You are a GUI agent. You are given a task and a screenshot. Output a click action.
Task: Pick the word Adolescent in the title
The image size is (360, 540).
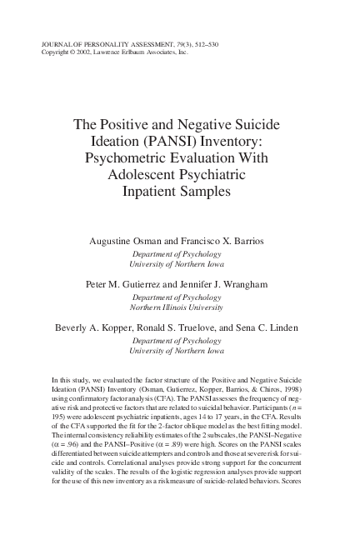[x=142, y=174]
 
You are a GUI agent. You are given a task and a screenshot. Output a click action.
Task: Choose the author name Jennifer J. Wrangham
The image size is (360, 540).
[x=223, y=284]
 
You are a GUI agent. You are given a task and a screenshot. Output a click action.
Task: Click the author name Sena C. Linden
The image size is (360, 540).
[x=269, y=327]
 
